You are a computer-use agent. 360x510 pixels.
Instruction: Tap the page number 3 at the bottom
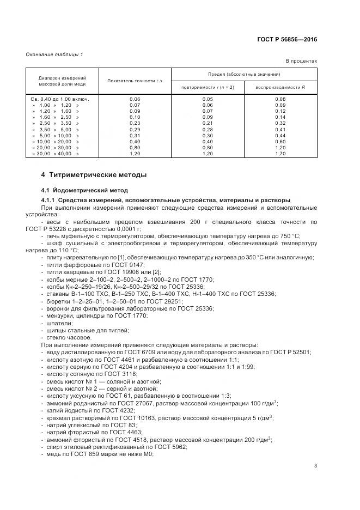click(315, 465)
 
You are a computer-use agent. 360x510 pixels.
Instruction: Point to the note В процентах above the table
click(301, 61)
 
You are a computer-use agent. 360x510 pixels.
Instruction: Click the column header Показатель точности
click(135, 81)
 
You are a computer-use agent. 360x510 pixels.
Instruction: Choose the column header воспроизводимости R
click(280, 87)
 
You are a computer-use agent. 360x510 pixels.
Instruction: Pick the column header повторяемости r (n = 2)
click(208, 87)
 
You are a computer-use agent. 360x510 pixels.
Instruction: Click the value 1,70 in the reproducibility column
click(280, 154)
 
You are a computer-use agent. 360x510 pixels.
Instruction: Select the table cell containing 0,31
click(135, 135)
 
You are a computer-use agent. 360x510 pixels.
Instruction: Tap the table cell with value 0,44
click(280, 135)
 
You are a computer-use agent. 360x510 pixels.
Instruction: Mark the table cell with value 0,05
click(208, 99)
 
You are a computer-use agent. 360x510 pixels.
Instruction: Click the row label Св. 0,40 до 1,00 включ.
click(60, 99)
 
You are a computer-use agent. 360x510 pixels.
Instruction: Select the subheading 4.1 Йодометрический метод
click(84, 190)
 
